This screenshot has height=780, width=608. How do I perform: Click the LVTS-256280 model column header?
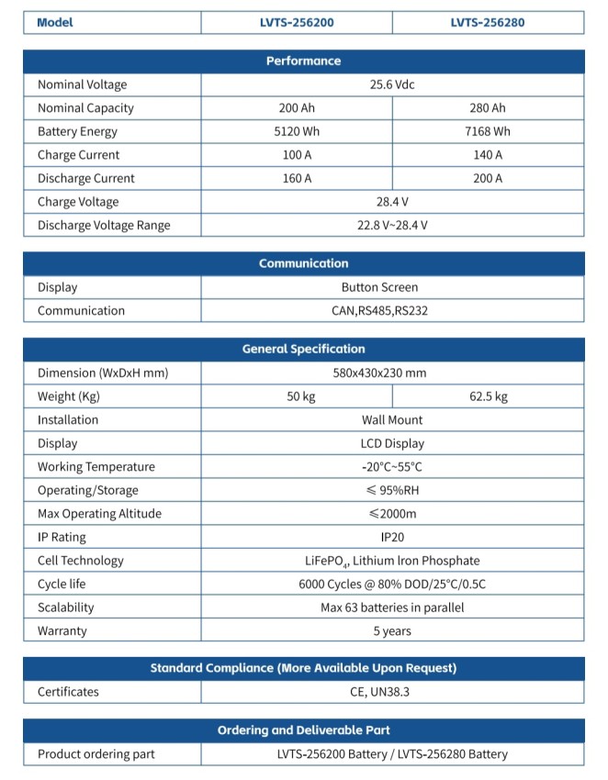coord(488,22)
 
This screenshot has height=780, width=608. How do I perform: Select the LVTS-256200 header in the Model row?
coord(297,22)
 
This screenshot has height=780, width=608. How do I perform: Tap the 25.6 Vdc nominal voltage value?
coord(392,84)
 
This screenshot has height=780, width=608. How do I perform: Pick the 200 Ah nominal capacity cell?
coord(297,108)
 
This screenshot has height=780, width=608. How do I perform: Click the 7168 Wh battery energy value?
coord(488,132)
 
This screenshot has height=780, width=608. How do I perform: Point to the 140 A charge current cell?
coord(488,155)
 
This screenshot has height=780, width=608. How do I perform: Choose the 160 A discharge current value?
coord(297,179)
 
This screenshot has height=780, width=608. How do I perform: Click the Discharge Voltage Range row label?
coord(104,226)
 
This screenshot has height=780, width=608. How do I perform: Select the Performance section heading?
coord(303,61)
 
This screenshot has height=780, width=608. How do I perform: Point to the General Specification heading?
coord(303,349)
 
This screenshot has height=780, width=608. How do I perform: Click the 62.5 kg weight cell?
coord(488,397)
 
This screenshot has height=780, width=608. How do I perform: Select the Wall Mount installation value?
coord(392,420)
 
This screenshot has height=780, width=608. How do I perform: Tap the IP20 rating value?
coord(392,538)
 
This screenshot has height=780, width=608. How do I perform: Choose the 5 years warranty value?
coord(392,631)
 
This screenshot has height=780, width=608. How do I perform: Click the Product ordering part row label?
coord(96,754)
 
